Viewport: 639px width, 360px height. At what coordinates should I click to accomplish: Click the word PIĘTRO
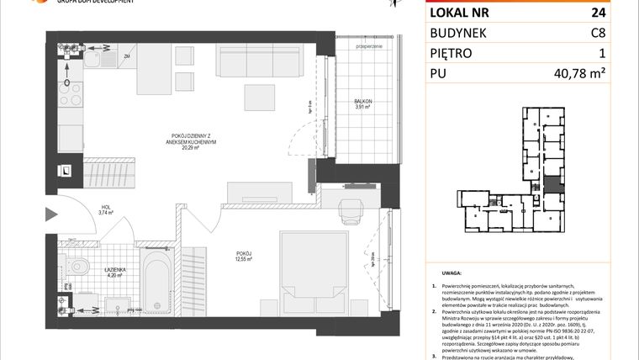point(455,53)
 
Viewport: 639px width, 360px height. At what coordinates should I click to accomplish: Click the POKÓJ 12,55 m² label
point(245,257)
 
